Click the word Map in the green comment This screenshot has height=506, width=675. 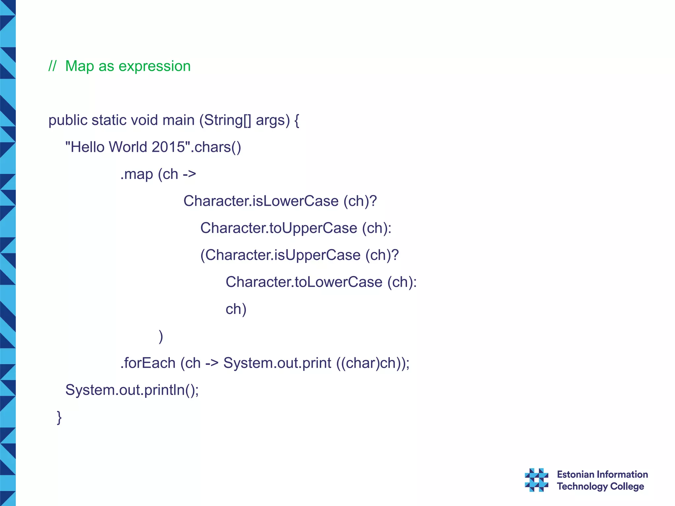click(79, 66)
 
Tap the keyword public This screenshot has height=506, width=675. click(68, 120)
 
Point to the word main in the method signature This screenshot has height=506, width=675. click(178, 120)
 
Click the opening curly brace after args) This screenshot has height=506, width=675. click(297, 121)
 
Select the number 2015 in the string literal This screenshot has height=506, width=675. click(169, 147)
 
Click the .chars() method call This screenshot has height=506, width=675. click(217, 147)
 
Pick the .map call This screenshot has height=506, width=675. click(136, 174)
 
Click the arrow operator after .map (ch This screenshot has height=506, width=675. click(189, 174)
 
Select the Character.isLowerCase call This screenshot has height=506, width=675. click(261, 201)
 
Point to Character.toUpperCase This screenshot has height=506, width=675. click(279, 228)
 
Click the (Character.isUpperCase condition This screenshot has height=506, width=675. click(280, 255)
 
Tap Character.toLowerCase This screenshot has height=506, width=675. click(304, 282)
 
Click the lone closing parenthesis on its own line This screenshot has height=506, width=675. click(161, 336)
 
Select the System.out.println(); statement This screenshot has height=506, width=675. click(132, 390)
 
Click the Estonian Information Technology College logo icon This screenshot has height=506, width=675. click(536, 480)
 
